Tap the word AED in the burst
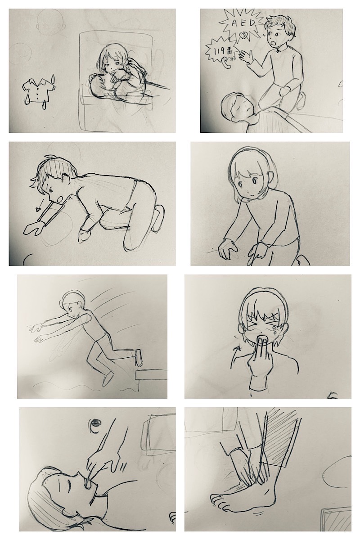(240, 23)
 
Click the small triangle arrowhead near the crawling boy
(38, 210)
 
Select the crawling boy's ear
(65, 179)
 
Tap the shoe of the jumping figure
(139, 358)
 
